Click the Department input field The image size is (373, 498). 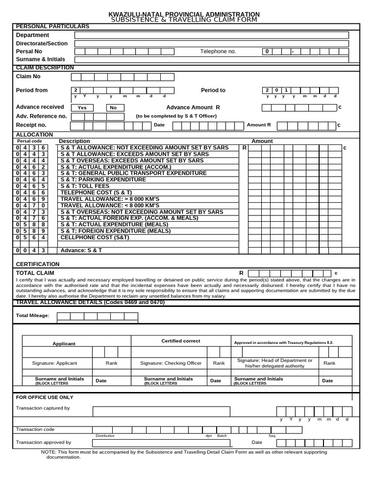[211, 35]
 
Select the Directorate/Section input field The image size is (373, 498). [211, 44]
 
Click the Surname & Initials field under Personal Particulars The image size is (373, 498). [211, 59]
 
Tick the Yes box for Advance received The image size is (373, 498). [83, 108]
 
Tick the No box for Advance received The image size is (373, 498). [113, 108]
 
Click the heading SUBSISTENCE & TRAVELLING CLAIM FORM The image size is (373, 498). [184, 19]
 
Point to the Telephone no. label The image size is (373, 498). [218, 52]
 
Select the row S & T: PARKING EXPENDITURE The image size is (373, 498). [103, 179]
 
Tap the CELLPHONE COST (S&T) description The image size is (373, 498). [91, 237]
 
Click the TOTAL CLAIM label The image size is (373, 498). [35, 273]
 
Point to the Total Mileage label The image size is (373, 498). [33, 316]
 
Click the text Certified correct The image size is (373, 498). [180, 341]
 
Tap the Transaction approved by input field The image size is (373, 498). [160, 443]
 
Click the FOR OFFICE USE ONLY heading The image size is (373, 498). [45, 397]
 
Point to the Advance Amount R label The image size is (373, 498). [193, 107]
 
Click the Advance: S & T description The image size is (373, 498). [81, 250]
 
